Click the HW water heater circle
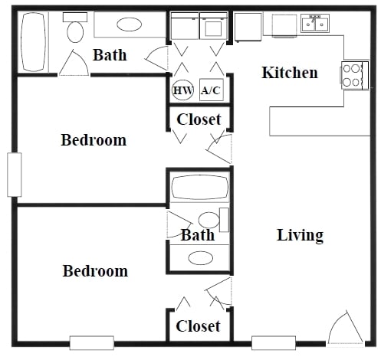pyautogui.click(x=182, y=90)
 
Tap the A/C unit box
pyautogui.click(x=210, y=90)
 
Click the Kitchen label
pyautogui.click(x=290, y=73)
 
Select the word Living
pyautogui.click(x=300, y=235)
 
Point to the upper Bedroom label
pyautogui.click(x=94, y=140)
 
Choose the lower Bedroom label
pyautogui.click(x=95, y=271)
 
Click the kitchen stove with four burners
pyautogui.click(x=353, y=75)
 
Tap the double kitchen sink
pyautogui.click(x=315, y=25)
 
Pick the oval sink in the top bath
pyautogui.click(x=129, y=25)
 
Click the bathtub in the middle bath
pyautogui.click(x=199, y=188)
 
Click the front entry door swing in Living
pyautogui.click(x=344, y=329)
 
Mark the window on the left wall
pyautogui.click(x=14, y=175)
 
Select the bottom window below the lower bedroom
pyautogui.click(x=92, y=342)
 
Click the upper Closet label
pyautogui.click(x=199, y=119)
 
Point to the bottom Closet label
pyautogui.click(x=198, y=326)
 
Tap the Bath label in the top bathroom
pyautogui.click(x=110, y=55)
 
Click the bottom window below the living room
pyautogui.click(x=274, y=342)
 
